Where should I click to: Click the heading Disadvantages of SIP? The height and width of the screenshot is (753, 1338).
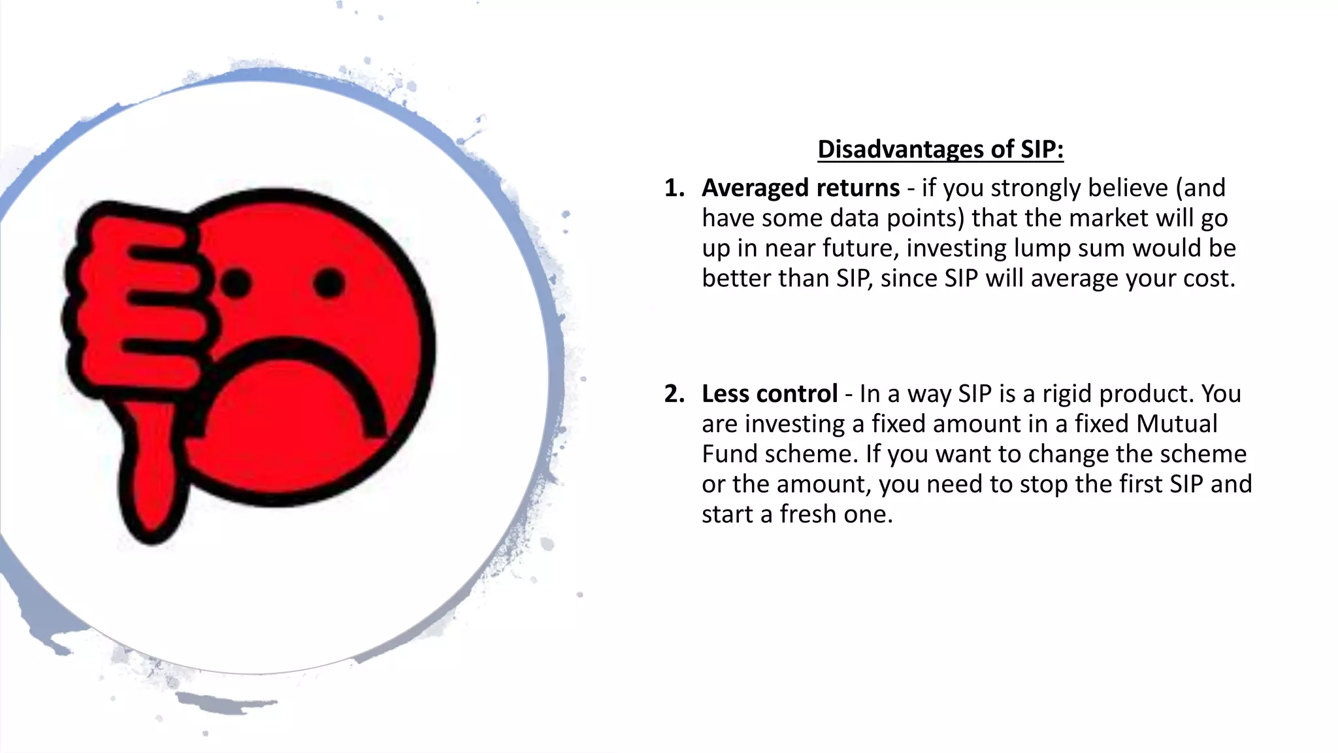click(940, 150)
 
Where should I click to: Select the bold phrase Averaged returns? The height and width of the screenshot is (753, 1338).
click(800, 188)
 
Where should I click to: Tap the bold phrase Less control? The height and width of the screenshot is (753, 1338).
click(769, 394)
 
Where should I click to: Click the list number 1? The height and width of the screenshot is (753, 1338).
click(674, 188)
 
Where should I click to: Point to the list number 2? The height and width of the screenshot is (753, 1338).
click(674, 394)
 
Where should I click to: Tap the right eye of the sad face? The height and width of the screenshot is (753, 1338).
click(329, 283)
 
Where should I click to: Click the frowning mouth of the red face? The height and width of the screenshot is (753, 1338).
click(307, 379)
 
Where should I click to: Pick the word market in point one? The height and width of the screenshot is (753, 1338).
click(1109, 218)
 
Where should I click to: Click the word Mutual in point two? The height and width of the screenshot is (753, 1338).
click(1177, 424)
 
